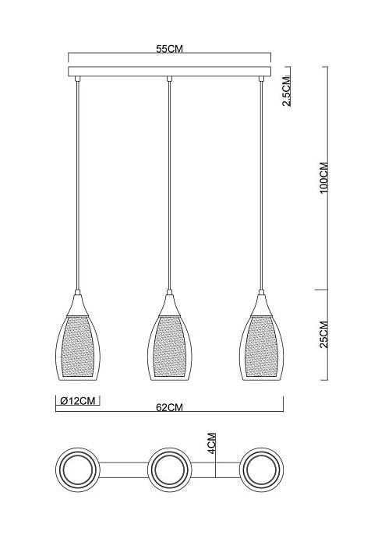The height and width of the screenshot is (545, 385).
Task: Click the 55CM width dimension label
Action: point(169,49)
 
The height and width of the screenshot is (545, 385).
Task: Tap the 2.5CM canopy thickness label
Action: point(287,92)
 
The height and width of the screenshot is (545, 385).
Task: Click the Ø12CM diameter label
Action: point(79,401)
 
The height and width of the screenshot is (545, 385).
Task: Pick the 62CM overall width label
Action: point(169,406)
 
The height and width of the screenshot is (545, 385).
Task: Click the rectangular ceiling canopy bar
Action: point(169,72)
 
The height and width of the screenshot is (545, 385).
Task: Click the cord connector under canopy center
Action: point(169,79)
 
